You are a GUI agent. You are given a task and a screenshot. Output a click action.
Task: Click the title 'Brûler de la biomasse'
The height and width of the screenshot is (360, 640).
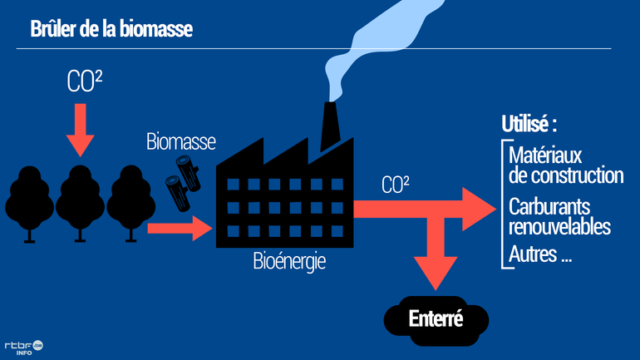(x=111, y=30)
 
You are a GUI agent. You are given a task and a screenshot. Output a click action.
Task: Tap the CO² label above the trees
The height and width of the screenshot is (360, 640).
(x=85, y=81)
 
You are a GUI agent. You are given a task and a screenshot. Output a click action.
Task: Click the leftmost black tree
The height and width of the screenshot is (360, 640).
(x=30, y=200)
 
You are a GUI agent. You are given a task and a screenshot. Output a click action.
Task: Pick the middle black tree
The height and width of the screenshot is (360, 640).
(x=80, y=200)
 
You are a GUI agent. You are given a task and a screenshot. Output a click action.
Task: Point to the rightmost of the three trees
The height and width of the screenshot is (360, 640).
(x=129, y=200)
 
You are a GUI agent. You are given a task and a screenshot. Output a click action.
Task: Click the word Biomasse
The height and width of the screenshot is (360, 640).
(x=180, y=141)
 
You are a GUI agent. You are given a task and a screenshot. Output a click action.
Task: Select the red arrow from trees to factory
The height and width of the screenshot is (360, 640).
(x=180, y=226)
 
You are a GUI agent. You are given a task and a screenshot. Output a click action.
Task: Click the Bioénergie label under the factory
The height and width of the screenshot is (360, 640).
(x=289, y=262)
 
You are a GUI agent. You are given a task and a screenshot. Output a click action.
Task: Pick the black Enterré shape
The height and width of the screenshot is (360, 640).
(x=436, y=319)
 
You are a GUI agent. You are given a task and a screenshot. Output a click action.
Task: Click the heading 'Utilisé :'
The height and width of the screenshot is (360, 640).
(x=529, y=125)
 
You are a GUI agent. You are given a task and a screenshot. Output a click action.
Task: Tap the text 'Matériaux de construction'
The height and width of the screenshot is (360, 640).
(x=565, y=165)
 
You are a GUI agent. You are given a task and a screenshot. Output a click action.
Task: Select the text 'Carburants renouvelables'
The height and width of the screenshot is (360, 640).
(x=559, y=215)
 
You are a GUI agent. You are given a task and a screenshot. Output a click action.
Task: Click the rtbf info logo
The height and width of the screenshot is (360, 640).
(x=23, y=347)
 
